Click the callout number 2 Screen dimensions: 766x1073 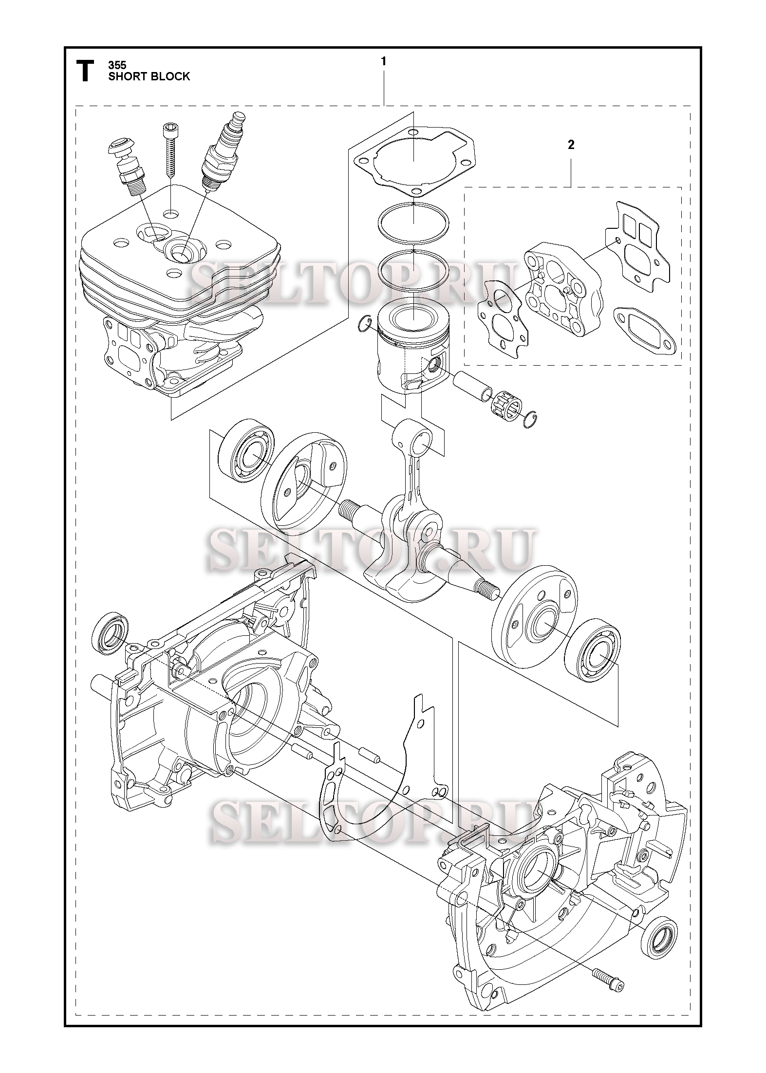pos(571,145)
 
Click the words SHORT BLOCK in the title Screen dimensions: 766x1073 pos(149,76)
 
